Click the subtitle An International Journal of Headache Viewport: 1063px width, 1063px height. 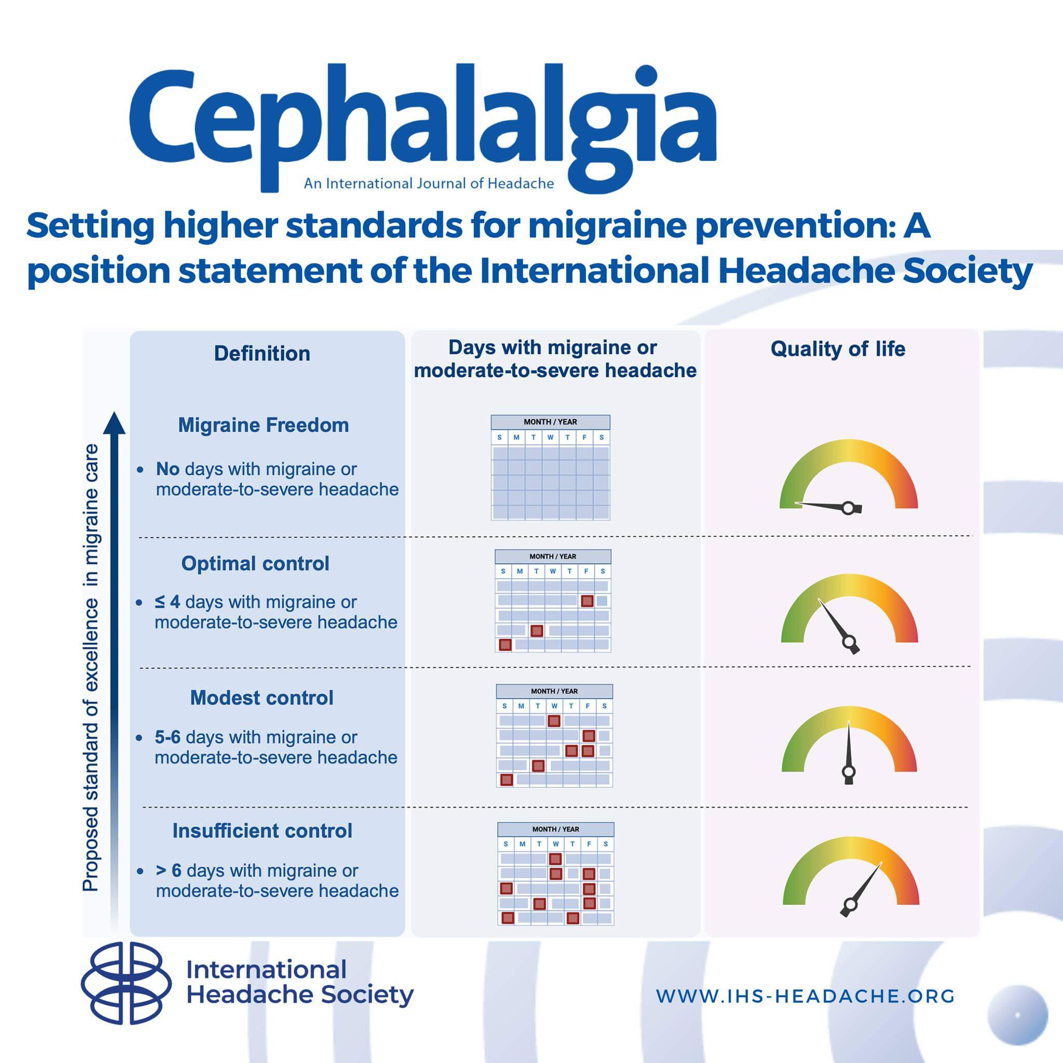pos(429,183)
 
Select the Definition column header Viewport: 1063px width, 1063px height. pos(262,353)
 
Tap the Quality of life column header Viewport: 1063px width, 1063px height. pos(837,349)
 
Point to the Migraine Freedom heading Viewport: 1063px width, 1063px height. pos(264,425)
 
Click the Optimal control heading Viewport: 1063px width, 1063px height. pos(255,563)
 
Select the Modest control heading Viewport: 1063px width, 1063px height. pos(262,698)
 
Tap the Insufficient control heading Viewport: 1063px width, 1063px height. pos(263,830)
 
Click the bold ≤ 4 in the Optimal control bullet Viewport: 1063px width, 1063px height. pos(167,602)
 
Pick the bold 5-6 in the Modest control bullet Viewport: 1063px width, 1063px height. pos(168,737)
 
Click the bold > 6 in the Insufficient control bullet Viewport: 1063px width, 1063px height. pos(168,870)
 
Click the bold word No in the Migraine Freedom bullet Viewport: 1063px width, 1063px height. pos(168,469)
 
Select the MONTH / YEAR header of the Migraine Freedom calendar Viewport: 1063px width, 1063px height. pos(550,422)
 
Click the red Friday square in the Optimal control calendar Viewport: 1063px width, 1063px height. pos(587,601)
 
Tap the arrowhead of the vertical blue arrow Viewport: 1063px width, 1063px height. pos(114,424)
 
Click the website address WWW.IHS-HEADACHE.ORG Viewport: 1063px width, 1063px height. pos(806,996)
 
